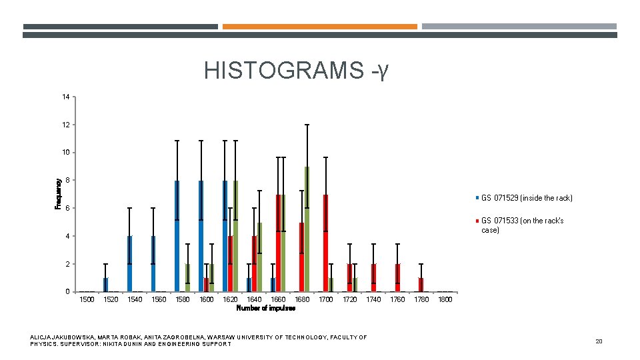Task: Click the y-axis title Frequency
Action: tap(58, 193)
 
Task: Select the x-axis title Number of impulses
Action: tap(266, 308)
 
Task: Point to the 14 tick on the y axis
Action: tap(65, 97)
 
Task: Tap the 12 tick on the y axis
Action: tap(65, 125)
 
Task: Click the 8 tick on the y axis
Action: tap(67, 181)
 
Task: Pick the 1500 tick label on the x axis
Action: tap(87, 300)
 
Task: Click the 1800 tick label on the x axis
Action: tap(445, 300)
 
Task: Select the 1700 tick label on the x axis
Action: tap(326, 300)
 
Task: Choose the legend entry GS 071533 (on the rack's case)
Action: tap(522, 225)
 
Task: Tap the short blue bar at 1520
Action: tap(105, 285)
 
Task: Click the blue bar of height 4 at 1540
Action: tap(129, 264)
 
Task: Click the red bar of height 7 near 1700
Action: tap(325, 243)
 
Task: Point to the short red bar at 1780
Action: tap(421, 285)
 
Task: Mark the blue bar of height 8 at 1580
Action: tap(177, 236)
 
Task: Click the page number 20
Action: tap(598, 341)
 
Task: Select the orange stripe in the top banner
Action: tap(319, 27)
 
